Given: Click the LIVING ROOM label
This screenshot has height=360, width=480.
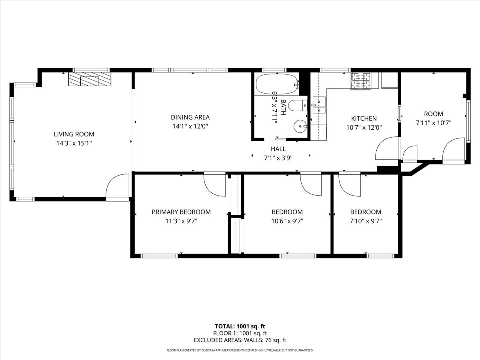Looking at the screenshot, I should point(74,134).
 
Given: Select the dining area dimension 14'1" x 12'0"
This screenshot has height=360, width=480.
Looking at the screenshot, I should point(190,126).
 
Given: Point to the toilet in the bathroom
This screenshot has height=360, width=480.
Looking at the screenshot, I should point(296,106).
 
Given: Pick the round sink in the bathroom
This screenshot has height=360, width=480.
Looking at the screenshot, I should point(299,126).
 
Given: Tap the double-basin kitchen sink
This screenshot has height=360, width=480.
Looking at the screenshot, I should point(319,105).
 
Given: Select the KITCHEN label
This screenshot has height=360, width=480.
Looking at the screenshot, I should point(364,118).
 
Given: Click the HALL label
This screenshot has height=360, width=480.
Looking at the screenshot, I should point(278,149).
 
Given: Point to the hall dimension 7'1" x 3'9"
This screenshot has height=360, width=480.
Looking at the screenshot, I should point(278,158).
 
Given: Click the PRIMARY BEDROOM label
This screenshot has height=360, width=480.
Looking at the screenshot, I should point(181,212).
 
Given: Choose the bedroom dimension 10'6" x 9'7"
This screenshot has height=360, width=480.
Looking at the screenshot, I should point(287,220).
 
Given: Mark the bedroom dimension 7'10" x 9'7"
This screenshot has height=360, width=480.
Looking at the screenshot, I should point(366,220).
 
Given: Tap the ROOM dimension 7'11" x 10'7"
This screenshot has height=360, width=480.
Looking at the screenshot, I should point(434,123).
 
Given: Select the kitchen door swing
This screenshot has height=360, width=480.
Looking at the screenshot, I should point(387,149).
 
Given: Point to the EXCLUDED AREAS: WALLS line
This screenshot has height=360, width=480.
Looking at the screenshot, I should point(240,340).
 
